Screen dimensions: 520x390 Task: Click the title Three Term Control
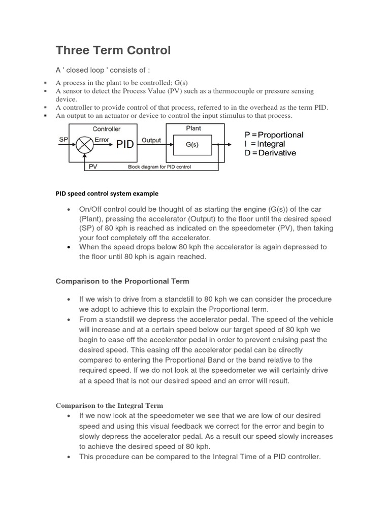113,50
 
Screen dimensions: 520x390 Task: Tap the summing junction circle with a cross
84,144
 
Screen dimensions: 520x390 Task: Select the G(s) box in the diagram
192,145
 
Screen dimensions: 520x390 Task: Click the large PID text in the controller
125,145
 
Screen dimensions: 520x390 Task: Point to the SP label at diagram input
63,139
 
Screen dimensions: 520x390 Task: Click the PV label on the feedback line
93,166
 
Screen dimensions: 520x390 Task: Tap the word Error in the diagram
102,139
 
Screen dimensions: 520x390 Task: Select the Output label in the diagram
151,140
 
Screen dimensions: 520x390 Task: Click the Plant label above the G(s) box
193,128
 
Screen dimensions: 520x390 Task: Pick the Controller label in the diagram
106,129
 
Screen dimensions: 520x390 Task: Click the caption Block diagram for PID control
159,167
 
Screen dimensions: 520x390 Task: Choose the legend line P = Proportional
274,135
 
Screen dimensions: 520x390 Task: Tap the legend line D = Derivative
270,152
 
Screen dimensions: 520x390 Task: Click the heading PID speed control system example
107,193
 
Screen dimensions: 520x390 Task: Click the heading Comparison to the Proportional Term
122,281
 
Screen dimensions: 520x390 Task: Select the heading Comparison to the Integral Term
109,405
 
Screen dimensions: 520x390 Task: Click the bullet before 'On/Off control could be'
68,210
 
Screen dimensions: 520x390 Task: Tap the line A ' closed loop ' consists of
103,70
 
